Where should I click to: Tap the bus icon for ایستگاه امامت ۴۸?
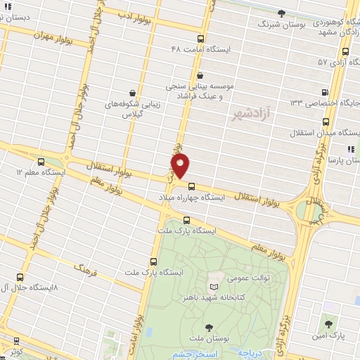pos(201,39)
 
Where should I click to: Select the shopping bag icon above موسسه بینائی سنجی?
pos(201,76)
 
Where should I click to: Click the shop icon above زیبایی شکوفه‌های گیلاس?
pos(133,92)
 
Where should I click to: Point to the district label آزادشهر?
pos(250,114)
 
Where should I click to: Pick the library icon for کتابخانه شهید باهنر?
pos(214,288)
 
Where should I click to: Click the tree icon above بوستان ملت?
pos(209,327)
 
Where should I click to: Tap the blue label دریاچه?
pos(249,352)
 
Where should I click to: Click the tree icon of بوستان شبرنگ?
pos(282,13)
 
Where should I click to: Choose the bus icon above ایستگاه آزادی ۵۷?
pos(345,51)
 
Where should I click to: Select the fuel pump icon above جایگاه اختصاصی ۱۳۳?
pos(324,91)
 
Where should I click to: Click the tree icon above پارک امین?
pos(329,323)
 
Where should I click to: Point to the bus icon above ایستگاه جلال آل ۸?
pos(20,278)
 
